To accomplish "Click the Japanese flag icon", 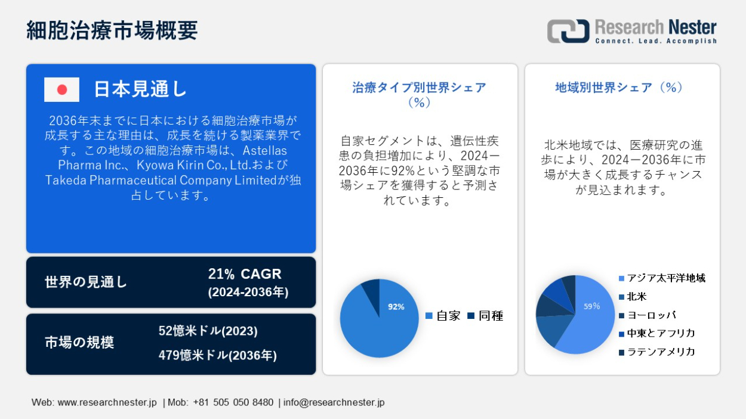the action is coord(61,89).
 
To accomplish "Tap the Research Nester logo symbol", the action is coord(568,31).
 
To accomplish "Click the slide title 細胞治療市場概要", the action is coord(112,30).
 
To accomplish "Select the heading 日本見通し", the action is coord(140,89).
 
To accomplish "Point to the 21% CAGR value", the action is coord(245,274).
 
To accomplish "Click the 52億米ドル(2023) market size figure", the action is coord(208,331).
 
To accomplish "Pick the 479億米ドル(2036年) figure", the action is coord(217,355).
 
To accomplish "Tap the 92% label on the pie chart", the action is coord(396,306).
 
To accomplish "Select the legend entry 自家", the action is coord(443,315).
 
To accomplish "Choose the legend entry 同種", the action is coord(485,315).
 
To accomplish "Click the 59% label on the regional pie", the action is coord(592,306).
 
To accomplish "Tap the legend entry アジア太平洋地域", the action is coord(662,278).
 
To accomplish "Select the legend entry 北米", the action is coord(633,296).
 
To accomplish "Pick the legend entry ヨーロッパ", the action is coord(647,315).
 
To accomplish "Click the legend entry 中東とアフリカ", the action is coord(656,333).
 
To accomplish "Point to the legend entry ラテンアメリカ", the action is coord(656,352).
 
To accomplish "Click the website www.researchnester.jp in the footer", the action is coord(107,402).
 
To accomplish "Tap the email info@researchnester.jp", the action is coord(334,402).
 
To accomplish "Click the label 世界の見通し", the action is coord(86,282).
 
